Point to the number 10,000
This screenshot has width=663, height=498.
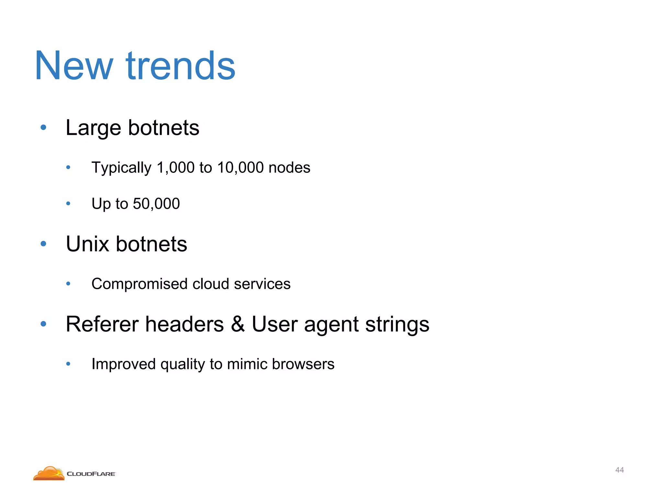(x=240, y=168)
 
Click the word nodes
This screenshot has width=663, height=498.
(x=289, y=168)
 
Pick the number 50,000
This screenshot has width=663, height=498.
(x=156, y=204)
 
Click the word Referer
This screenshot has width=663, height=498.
(x=102, y=324)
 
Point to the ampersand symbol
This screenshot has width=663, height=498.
(x=238, y=324)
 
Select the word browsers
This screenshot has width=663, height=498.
(x=303, y=364)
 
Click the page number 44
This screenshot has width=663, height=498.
(x=619, y=470)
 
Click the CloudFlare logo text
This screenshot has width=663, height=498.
(x=91, y=474)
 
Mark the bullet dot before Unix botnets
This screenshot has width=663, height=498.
(x=43, y=244)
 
